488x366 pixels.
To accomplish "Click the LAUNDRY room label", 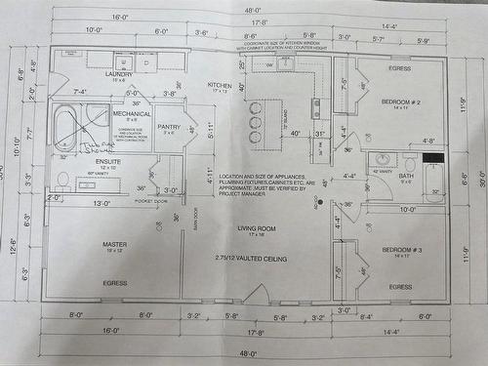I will click(x=119, y=74).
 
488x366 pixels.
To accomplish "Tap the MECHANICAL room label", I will click(x=131, y=114).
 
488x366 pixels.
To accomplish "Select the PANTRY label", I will click(x=169, y=126).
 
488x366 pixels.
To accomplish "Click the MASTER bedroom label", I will click(x=115, y=244).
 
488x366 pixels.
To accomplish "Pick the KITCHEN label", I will click(x=221, y=86).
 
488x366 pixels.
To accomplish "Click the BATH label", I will click(x=407, y=176).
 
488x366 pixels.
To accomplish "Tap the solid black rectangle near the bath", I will click(x=433, y=156).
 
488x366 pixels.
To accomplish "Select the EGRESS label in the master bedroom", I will click(x=115, y=283).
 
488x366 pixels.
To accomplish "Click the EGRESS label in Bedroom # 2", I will click(x=399, y=68).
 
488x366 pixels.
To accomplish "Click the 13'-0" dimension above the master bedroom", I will click(x=101, y=204).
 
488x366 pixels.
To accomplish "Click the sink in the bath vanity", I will click(x=382, y=160).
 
